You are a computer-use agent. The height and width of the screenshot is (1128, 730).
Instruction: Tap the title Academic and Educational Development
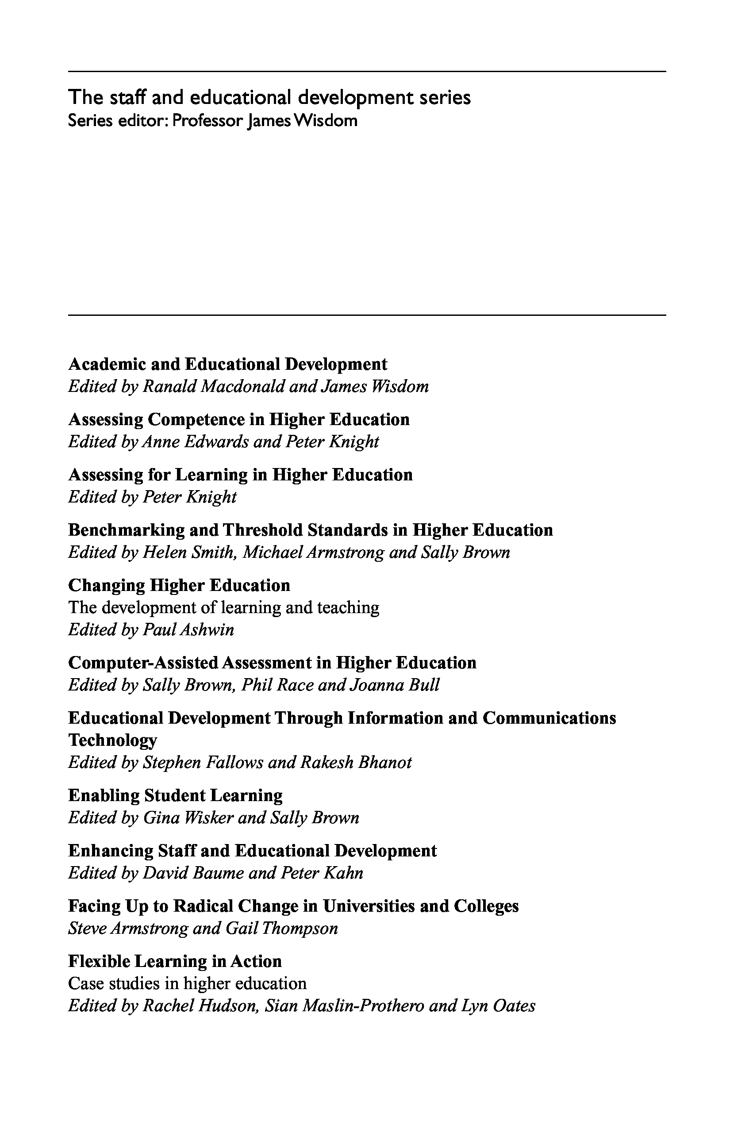[x=227, y=364]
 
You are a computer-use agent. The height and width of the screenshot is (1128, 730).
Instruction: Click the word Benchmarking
[x=126, y=530]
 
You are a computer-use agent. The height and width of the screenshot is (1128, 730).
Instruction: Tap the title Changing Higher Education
[x=179, y=585]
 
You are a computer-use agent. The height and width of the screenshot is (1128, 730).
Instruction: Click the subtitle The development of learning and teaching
[x=224, y=608]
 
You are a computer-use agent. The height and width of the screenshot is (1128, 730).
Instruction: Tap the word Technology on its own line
[x=112, y=740]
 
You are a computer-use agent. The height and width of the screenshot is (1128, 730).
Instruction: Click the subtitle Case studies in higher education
[x=187, y=983]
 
